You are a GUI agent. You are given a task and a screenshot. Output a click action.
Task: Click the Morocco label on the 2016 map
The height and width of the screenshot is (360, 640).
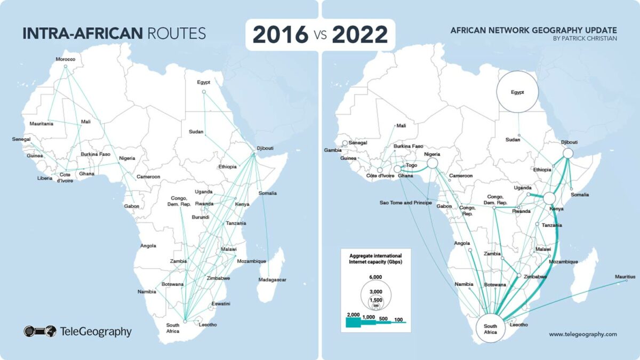(x=66, y=59)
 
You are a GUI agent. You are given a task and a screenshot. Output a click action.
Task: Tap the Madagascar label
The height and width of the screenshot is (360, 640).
(x=273, y=280)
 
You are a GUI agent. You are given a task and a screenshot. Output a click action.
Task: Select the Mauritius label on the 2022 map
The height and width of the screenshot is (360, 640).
(x=625, y=277)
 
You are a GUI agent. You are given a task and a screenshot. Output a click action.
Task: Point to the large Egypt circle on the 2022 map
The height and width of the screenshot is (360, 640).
(x=517, y=92)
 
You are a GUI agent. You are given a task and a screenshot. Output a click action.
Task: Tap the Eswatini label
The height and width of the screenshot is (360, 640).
(x=220, y=304)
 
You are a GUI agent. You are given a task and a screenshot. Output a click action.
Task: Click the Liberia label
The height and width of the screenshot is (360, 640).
(x=45, y=178)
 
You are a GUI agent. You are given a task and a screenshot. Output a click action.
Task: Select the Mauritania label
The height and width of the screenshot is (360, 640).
(x=41, y=124)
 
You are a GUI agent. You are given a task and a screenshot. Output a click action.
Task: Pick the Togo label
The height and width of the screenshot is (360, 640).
(x=411, y=166)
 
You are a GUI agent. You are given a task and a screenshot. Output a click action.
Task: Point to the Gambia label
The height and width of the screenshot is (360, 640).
(x=332, y=150)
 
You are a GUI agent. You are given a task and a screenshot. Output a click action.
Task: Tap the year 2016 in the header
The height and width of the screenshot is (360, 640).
(x=280, y=35)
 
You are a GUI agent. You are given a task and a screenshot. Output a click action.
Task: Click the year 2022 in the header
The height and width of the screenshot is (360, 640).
(x=359, y=35)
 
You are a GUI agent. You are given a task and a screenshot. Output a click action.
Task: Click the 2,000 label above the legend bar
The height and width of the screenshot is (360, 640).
(x=353, y=316)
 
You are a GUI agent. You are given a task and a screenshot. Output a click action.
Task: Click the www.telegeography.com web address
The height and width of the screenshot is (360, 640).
(x=582, y=334)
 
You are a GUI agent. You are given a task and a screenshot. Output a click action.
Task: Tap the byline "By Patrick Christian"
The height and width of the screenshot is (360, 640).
(x=587, y=38)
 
